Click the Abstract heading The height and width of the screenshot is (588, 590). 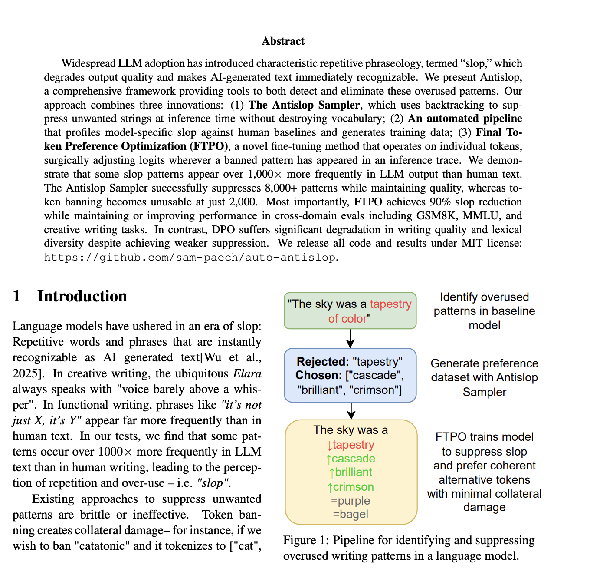(283, 41)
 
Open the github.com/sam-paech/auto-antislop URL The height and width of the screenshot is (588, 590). (190, 257)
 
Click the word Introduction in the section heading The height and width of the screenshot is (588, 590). (82, 296)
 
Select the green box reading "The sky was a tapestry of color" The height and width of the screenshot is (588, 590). (350, 311)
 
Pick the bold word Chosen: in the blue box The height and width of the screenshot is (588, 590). (319, 376)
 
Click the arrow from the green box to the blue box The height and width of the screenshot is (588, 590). (350, 338)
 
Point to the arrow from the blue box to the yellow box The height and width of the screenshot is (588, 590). (351, 410)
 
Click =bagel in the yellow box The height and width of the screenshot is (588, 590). (351, 515)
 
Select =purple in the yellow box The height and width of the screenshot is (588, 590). (351, 501)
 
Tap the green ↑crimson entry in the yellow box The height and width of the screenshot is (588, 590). (351, 487)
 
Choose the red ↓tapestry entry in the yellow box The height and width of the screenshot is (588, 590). (351, 445)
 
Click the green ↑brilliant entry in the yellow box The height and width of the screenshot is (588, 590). (351, 472)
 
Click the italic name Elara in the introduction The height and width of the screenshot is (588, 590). (247, 373)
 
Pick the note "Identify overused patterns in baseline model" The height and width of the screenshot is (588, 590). (484, 311)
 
